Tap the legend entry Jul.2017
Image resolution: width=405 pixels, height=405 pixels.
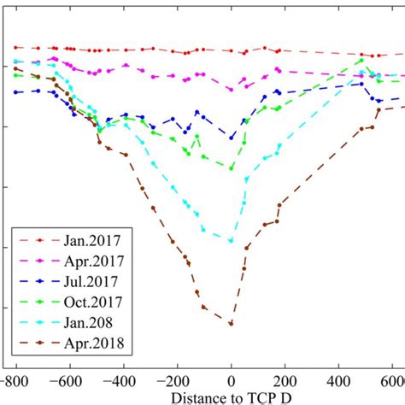[91, 280]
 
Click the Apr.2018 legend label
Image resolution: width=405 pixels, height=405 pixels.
[91, 343]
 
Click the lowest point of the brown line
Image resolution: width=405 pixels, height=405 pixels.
[231, 323]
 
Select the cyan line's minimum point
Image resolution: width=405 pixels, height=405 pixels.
[231, 241]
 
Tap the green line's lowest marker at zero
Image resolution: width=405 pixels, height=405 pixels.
[231, 167]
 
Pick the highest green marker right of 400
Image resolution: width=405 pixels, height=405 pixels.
[361, 60]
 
